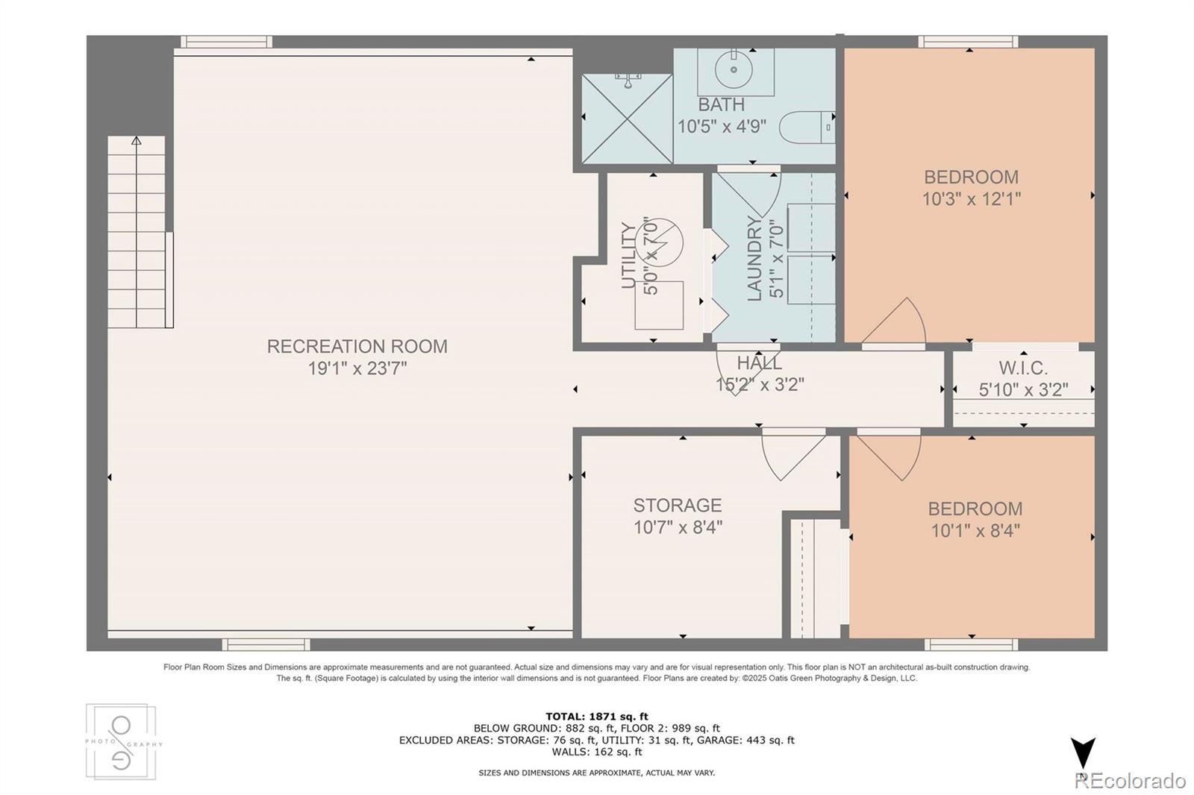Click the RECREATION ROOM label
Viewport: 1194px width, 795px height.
point(357,346)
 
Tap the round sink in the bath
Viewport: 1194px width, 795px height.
point(734,69)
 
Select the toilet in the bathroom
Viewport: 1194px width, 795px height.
point(807,127)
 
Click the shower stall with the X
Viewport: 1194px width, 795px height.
point(627,119)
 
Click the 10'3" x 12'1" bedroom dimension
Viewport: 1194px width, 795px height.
point(971,199)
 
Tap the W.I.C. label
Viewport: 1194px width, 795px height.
point(1023,368)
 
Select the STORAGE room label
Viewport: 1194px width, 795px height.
point(678,505)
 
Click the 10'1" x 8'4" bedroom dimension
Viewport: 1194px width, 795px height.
point(975,531)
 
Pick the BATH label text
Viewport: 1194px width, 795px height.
point(721,104)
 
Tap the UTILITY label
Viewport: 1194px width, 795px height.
point(629,256)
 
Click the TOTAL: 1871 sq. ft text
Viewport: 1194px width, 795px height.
point(597,717)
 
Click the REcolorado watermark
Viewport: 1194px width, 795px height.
point(1131,781)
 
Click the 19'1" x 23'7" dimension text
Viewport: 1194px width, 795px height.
point(357,368)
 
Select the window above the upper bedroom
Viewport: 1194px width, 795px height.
point(968,42)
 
